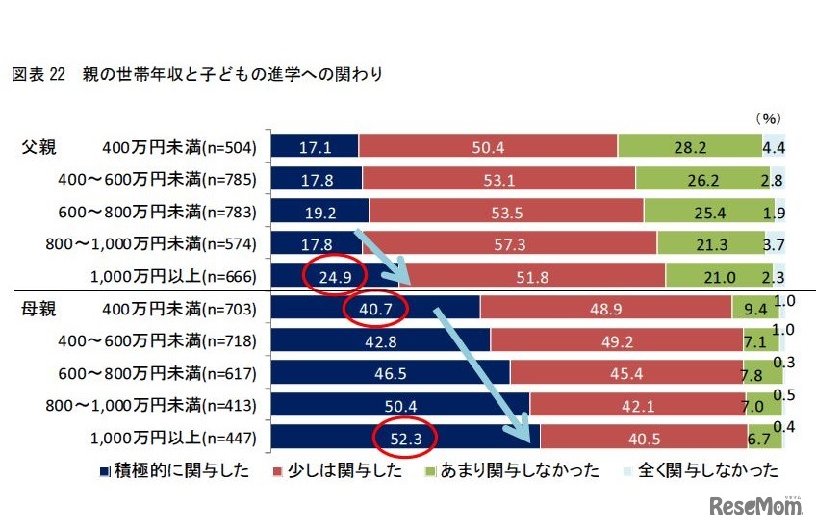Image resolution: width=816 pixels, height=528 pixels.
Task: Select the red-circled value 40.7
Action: coord(376,308)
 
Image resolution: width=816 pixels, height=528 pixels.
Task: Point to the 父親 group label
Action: coord(41,147)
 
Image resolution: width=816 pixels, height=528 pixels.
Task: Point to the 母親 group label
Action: coord(41,308)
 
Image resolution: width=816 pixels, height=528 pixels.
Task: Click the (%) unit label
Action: coord(767,118)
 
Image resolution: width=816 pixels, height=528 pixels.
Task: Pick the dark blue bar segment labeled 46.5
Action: coord(391,372)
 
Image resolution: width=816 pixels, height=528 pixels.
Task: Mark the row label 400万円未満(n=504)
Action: coord(177,147)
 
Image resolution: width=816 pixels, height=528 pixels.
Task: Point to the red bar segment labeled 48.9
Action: coord(604,308)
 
